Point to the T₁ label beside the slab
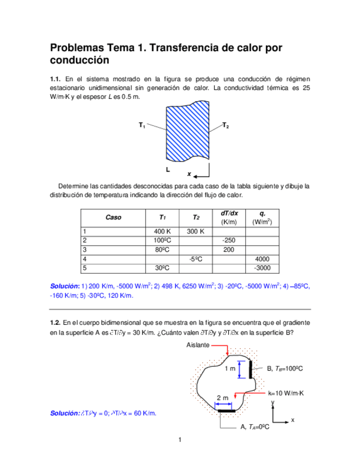coord(142,126)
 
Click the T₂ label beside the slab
coord(225,126)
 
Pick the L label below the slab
coord(168,169)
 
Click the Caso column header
coord(113,218)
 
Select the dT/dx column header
coord(229,213)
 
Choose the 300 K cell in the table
coord(195,232)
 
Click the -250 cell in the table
coord(229,241)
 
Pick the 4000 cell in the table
coord(262,259)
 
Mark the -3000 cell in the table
coord(262,268)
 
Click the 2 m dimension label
coord(223,397)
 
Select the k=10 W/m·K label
coord(286,393)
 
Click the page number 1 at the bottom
coord(180,440)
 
